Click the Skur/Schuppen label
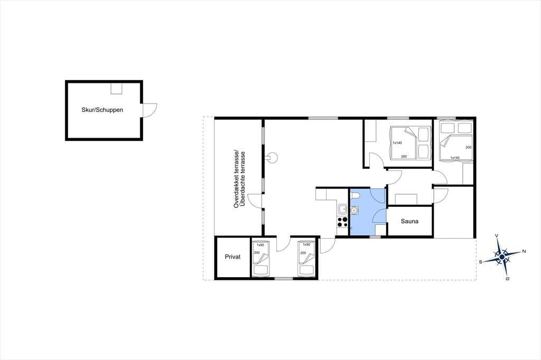coord(102,110)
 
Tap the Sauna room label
coord(409,221)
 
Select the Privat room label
coord(232,257)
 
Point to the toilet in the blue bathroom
coord(355,196)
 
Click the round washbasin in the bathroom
coord(355,210)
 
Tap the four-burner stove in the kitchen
coord(342,222)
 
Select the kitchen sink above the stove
coord(342,209)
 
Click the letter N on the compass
coord(524,251)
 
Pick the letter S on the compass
coord(480,262)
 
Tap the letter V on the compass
coord(497,235)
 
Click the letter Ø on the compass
coord(507,278)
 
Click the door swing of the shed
coord(151,110)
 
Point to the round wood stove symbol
coord(273,158)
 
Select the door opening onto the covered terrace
coord(255,201)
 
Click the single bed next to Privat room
coord(261,259)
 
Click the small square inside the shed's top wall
coord(116,88)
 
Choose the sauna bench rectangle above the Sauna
coord(406,200)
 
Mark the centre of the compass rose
coord(502,257)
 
